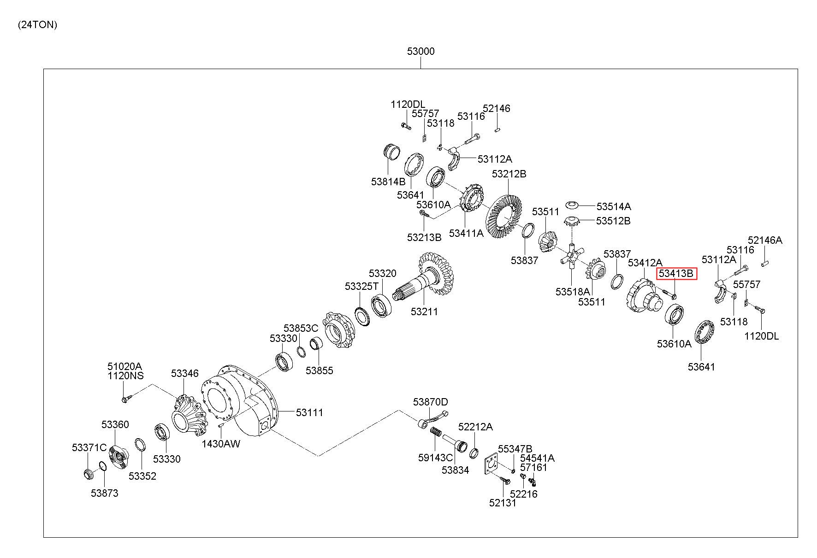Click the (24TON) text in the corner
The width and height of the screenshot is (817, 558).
[x=37, y=25]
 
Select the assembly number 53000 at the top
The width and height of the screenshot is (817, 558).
[x=420, y=51]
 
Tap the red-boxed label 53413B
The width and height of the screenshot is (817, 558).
[x=676, y=274]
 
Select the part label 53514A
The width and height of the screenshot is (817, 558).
[x=613, y=206]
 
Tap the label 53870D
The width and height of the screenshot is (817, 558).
[x=430, y=402]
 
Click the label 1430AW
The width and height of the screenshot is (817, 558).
[x=221, y=444]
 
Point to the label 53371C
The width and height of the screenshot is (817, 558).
[x=89, y=447]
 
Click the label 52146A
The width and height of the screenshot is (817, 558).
[x=765, y=240]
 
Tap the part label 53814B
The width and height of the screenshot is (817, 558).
[x=388, y=182]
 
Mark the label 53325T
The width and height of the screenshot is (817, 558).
[x=361, y=286]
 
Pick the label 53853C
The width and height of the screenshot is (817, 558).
[x=301, y=328]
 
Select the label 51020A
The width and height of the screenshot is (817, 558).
[x=124, y=366]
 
